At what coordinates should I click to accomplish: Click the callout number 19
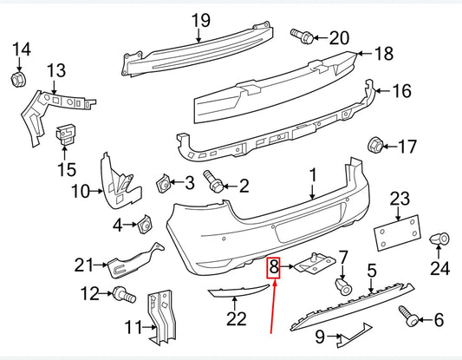click(200, 19)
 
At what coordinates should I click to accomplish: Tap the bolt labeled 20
click(303, 36)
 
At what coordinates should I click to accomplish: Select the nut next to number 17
click(376, 146)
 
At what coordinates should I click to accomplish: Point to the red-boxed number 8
click(273, 267)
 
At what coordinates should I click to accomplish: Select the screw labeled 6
click(404, 314)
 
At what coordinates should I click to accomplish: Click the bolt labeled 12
click(123, 296)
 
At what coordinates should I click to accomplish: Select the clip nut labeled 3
click(162, 182)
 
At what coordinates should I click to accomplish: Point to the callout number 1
click(313, 176)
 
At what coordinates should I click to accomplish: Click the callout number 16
click(401, 90)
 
